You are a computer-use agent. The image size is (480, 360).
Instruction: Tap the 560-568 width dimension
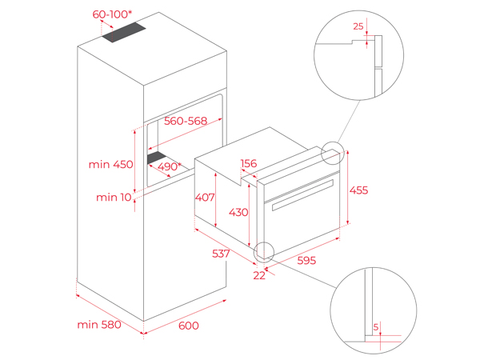point(185,122)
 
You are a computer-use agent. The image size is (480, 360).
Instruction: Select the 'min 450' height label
point(111,165)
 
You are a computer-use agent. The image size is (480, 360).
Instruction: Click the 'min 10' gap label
point(114,197)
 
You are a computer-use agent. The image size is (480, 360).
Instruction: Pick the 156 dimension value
point(249,163)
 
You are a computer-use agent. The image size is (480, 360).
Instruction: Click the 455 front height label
point(359,190)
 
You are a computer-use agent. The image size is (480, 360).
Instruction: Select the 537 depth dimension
point(221,254)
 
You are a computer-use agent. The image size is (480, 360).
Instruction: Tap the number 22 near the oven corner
point(259,275)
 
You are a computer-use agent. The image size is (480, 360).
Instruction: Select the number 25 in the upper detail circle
point(358,26)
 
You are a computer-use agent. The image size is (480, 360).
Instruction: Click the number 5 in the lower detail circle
point(376,326)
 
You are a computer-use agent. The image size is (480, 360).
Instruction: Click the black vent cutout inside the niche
point(156,158)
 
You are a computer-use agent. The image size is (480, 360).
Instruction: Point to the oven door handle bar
point(302,195)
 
